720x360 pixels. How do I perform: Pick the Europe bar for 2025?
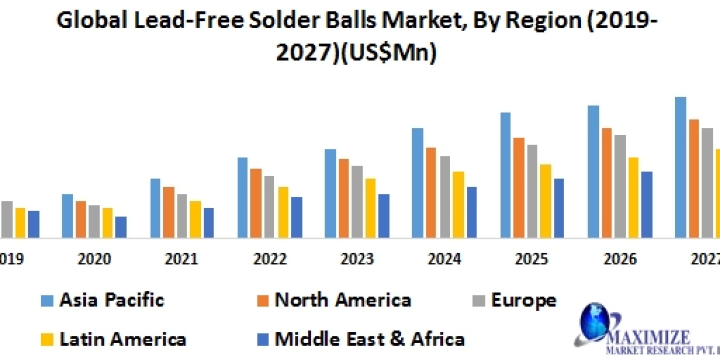[532, 191]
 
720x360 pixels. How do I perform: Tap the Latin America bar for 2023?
[371, 208]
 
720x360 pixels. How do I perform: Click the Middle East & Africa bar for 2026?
[647, 204]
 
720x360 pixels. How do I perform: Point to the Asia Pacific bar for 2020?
[67, 215]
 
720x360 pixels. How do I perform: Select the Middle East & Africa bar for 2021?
[209, 223]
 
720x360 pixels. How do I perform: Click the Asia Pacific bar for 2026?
[593, 172]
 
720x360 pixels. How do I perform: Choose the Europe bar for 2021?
[182, 215]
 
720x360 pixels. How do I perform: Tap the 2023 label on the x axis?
[356, 259]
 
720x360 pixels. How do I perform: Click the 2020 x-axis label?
[94, 259]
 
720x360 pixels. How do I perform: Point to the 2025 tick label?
[532, 259]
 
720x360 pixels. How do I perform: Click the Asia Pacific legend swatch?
[47, 300]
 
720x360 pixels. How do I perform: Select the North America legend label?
[343, 300]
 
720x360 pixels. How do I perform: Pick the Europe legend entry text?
[523, 300]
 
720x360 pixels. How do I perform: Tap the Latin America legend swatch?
[47, 339]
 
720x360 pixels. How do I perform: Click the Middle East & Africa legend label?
[369, 339]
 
